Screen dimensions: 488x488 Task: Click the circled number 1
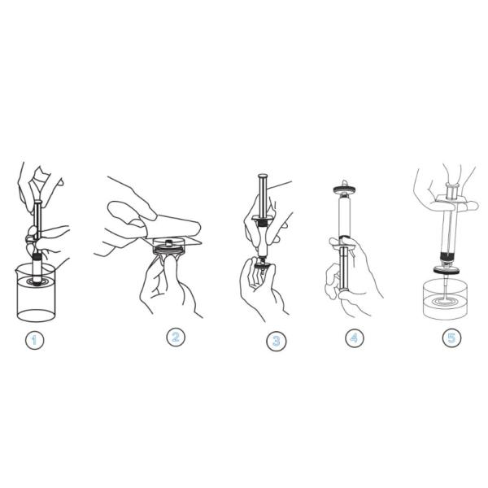point(34,340)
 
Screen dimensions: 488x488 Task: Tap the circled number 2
point(176,337)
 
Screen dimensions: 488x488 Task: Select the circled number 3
point(276,342)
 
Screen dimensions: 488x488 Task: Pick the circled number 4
point(354,338)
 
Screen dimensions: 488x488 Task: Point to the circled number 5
point(451,337)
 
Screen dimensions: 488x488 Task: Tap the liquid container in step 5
point(445,299)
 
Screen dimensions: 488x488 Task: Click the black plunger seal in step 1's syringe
point(37,257)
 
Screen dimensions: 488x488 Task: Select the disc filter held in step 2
point(168,246)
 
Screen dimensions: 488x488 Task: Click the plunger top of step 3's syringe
point(263,176)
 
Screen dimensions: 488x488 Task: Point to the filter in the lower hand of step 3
point(262,264)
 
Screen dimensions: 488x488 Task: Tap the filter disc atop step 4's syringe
point(345,190)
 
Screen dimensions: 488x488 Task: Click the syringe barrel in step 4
point(344,216)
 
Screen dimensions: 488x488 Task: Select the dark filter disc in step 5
point(447,271)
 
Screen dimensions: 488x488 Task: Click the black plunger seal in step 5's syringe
point(448,257)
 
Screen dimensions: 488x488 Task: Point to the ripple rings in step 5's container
point(444,300)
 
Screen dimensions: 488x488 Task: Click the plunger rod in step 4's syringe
point(344,268)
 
